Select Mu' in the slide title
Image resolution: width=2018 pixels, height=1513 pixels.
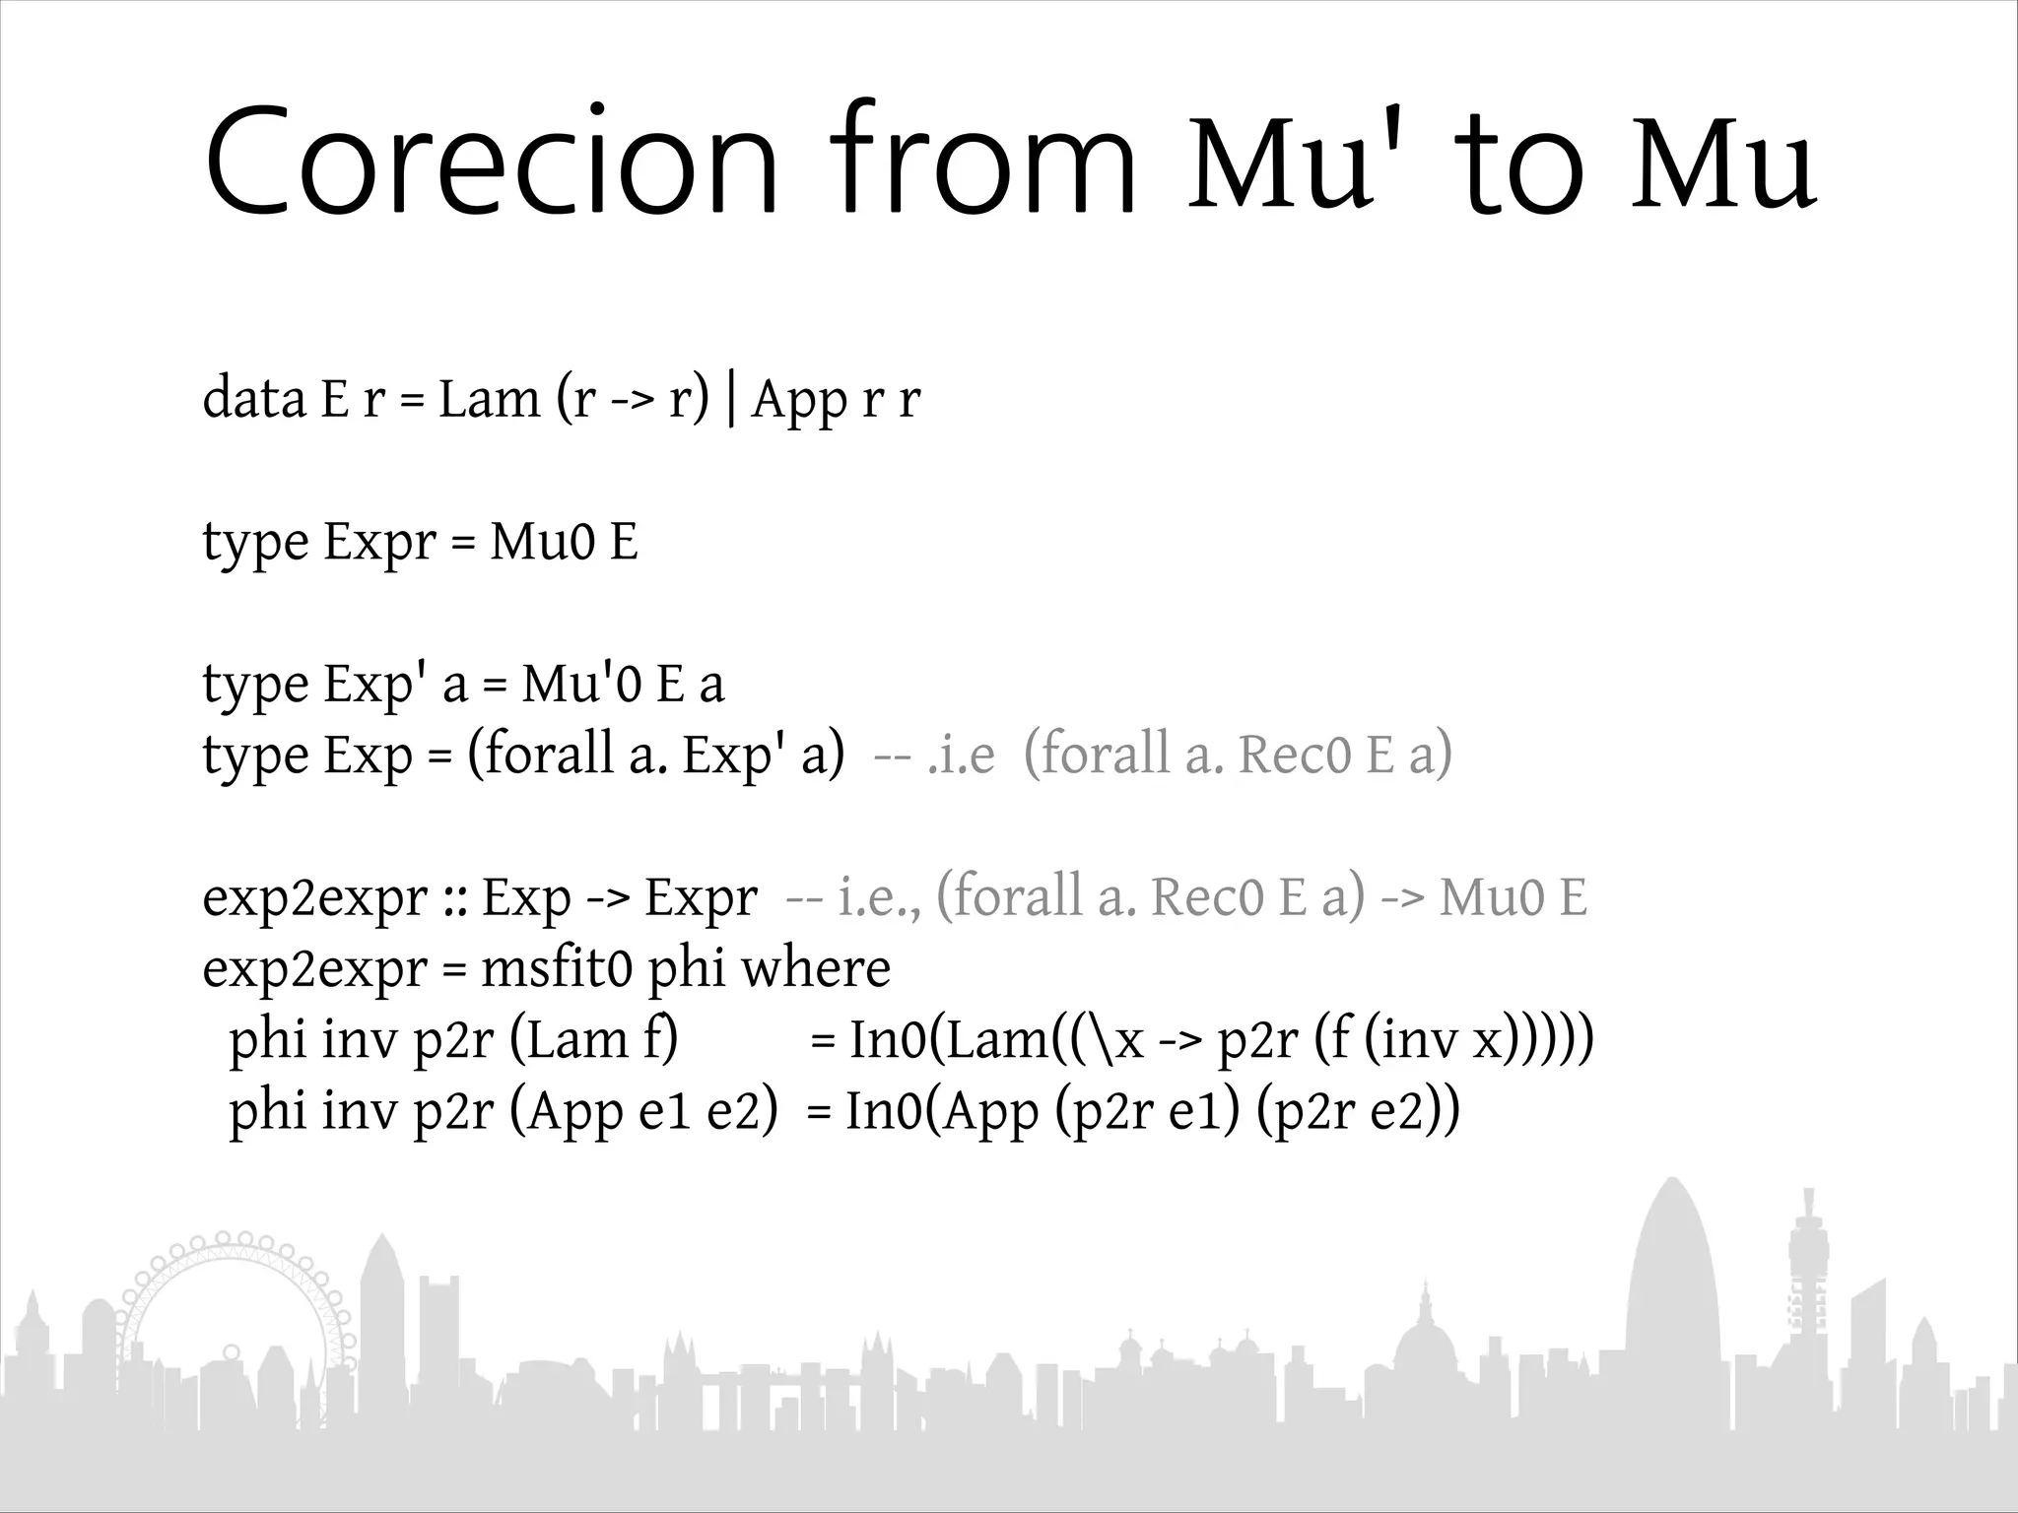[x=1281, y=163]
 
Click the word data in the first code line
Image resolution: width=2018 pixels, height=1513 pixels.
[x=253, y=399]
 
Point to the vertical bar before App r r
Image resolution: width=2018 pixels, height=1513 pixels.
[x=729, y=399]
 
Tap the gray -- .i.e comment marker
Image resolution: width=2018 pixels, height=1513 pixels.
[x=933, y=756]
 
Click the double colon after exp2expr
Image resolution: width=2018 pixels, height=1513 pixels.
[x=454, y=898]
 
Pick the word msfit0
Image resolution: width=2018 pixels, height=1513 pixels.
[x=556, y=969]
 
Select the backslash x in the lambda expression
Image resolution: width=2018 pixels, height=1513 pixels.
[x=1115, y=1040]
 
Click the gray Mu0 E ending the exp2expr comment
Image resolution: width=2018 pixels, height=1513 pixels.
[x=1513, y=898]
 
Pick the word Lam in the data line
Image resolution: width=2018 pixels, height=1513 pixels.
[x=489, y=399]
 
